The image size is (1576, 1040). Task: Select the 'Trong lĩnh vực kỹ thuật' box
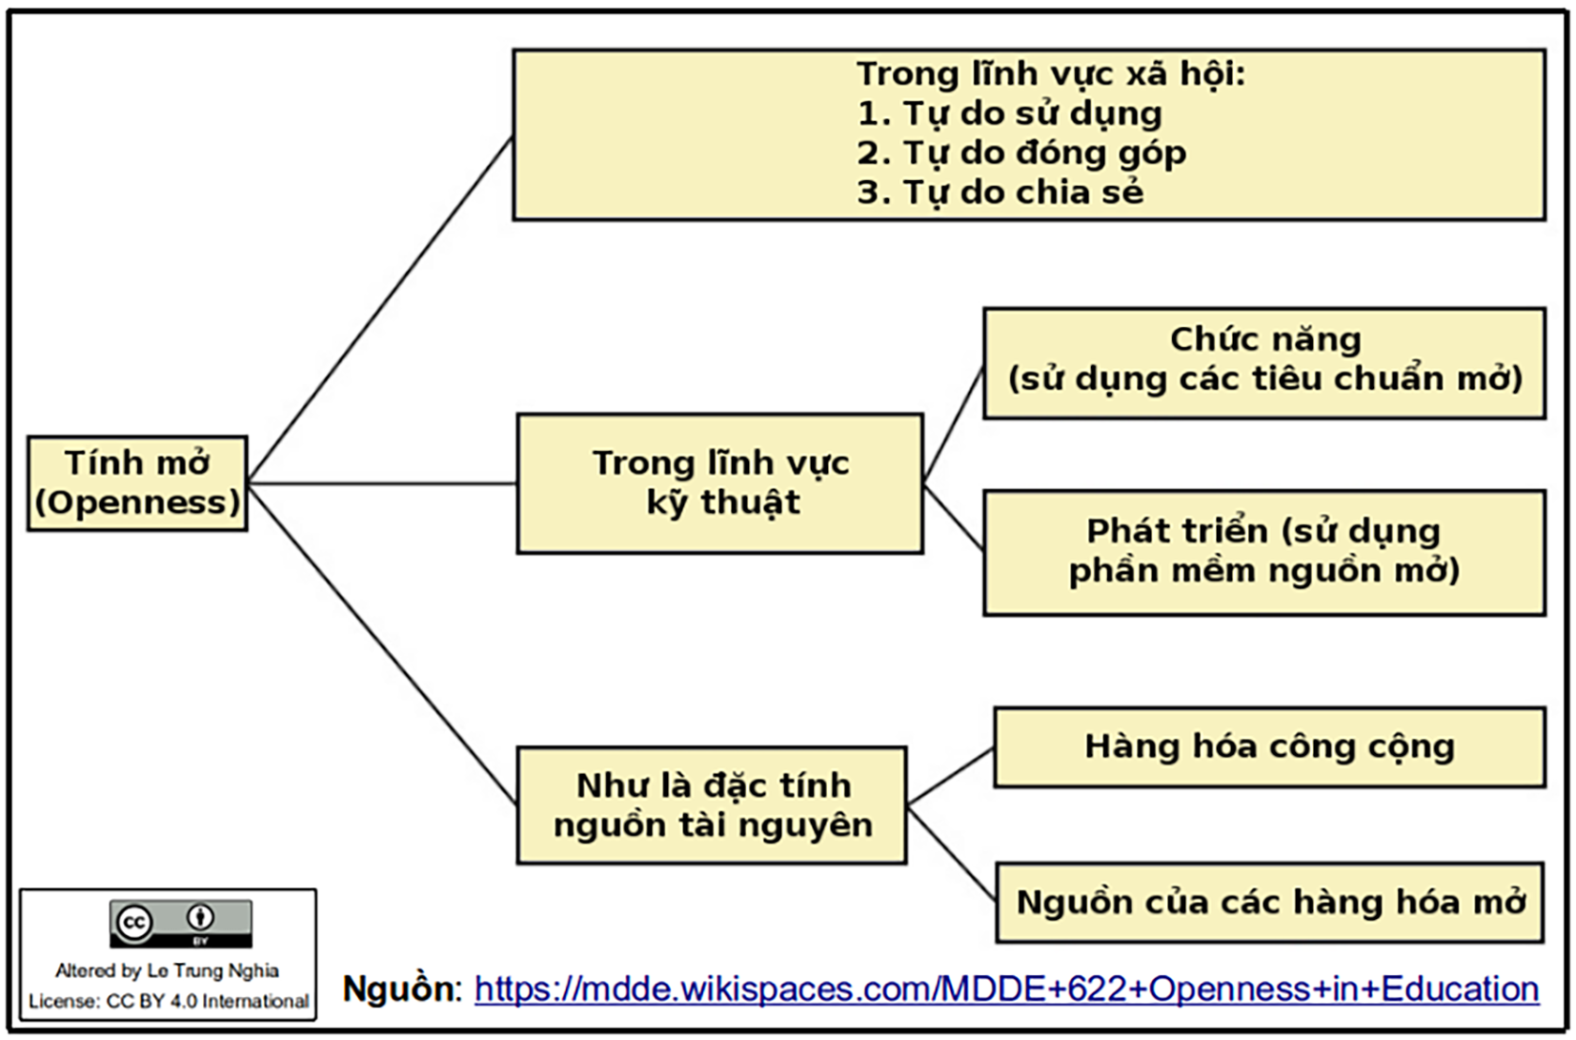[719, 483]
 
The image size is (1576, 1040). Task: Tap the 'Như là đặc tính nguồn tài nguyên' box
[712, 805]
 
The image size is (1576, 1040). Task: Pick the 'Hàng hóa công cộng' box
[1269, 747]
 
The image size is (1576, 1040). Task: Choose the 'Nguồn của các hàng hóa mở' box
[1269, 903]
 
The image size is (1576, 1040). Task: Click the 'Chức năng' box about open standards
[1264, 363]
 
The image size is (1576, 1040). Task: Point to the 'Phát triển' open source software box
[1264, 552]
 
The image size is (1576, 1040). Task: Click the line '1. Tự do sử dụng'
[1009, 114]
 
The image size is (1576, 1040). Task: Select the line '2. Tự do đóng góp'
[1020, 153]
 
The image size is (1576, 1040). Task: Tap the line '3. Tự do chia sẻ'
[1000, 193]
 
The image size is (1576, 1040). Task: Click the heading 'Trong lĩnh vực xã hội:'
[1050, 74]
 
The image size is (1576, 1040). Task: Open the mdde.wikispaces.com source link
[1006, 989]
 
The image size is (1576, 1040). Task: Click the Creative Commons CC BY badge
[181, 923]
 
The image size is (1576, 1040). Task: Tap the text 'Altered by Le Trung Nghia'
[168, 971]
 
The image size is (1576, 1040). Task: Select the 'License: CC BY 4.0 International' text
[169, 1002]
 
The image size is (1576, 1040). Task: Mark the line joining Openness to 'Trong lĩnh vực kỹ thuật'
[381, 483]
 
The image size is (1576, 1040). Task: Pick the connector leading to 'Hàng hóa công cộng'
[951, 777]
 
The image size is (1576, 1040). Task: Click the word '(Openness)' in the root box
[137, 502]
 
